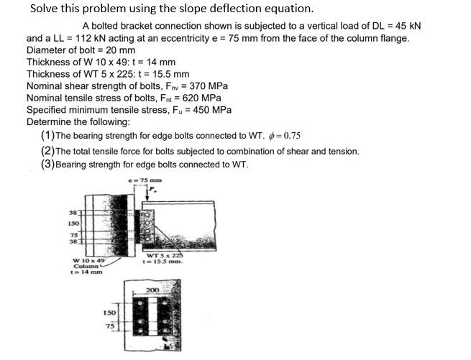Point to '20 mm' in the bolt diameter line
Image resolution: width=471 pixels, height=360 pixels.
[121, 50]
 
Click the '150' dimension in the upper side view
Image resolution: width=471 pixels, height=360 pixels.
[74, 223]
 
